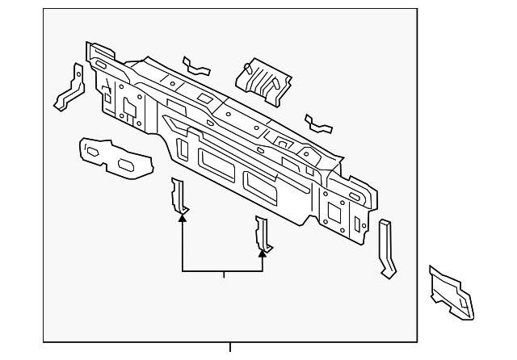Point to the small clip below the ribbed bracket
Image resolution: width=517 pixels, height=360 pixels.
(x=319, y=124)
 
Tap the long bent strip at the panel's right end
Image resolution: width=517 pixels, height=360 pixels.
(x=387, y=248)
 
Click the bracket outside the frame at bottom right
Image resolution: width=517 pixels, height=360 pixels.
(x=452, y=290)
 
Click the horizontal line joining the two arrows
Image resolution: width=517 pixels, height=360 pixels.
(x=223, y=272)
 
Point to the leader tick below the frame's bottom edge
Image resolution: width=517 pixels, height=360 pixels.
(x=230, y=348)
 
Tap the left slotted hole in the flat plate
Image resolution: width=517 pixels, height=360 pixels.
(x=93, y=150)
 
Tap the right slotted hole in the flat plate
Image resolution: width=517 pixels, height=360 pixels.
(x=128, y=165)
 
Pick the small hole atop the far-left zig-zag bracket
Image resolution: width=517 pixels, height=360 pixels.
(x=77, y=70)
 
